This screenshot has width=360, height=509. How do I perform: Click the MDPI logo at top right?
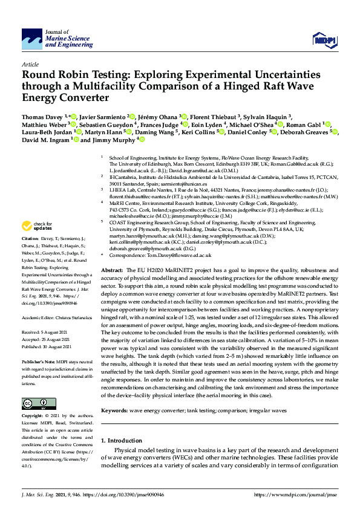(x=323, y=39)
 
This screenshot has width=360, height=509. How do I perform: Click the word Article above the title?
(x=30, y=63)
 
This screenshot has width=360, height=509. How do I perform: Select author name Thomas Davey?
(x=42, y=115)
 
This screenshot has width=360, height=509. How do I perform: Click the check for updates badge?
(x=34, y=227)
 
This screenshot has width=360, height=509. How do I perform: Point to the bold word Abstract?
(x=113, y=270)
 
